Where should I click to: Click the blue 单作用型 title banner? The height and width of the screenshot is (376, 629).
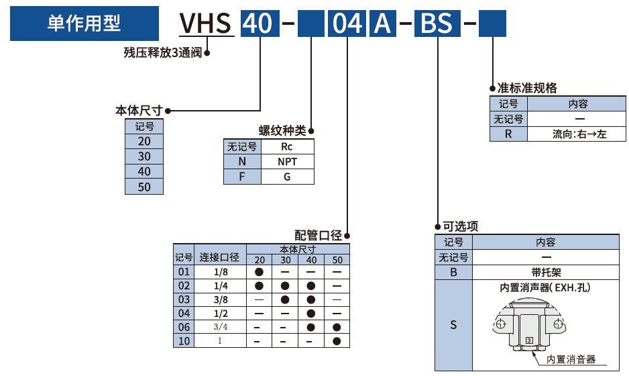coord(84,23)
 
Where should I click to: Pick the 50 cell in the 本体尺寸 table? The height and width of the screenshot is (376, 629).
coord(144,187)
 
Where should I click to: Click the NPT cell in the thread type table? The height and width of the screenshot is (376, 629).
coord(287,161)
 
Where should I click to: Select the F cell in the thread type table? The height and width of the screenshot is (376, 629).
coord(242,177)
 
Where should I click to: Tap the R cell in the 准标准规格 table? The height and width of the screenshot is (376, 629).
coord(508,134)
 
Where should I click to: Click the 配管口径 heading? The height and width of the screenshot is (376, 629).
coord(318,235)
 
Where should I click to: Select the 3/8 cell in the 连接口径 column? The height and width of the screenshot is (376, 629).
coord(221,299)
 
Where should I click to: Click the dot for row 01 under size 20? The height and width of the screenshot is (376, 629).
coord(260,272)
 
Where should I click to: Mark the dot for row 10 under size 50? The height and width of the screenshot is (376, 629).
coord(337,341)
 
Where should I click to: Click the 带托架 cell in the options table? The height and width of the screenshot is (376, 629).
coord(546,273)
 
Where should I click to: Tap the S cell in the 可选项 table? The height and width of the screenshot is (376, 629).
coord(453,325)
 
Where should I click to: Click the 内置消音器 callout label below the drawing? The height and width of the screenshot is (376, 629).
coord(571,359)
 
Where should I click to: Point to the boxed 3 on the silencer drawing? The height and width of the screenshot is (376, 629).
coord(529,341)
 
